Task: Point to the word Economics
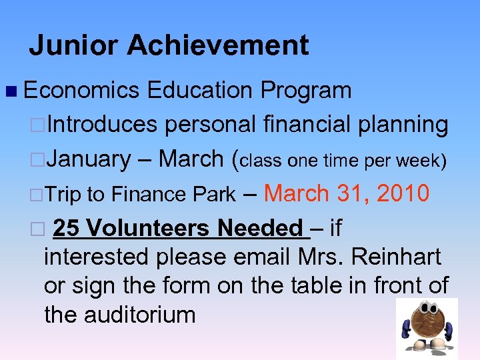81,90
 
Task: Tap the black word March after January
191,159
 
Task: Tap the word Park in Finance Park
214,195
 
